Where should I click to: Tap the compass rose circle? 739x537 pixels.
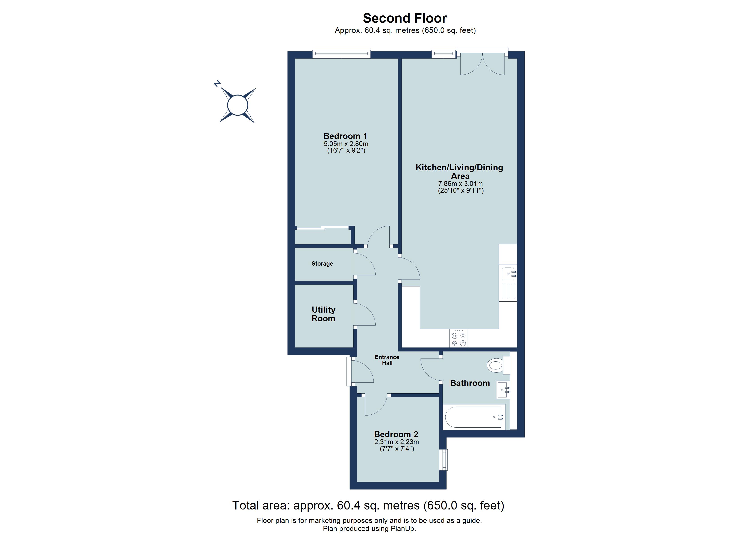coord(238,105)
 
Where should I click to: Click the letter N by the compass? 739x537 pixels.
coord(217,84)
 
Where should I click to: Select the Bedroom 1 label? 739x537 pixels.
coord(345,136)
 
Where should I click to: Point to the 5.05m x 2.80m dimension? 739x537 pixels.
coord(346,144)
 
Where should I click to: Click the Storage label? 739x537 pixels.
coord(322,263)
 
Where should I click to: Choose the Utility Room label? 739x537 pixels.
coord(323,314)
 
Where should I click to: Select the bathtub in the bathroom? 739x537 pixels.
coord(473,417)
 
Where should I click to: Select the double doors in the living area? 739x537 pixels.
coord(482,64)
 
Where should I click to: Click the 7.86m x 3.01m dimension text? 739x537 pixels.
coord(460,184)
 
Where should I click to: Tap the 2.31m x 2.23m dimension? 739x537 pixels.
coord(396,442)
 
